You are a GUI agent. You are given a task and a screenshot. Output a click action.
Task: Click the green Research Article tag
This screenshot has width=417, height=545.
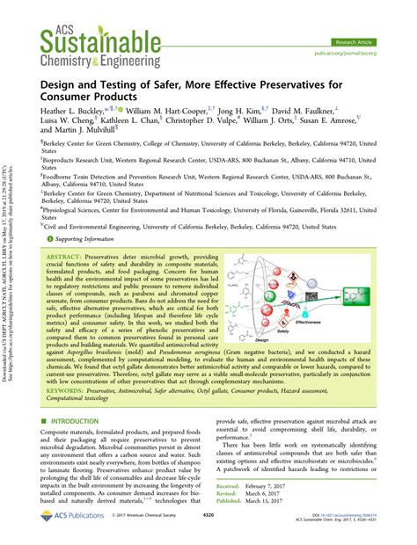[367, 40]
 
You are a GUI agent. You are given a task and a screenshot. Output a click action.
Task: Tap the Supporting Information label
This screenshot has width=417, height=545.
[84, 239]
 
